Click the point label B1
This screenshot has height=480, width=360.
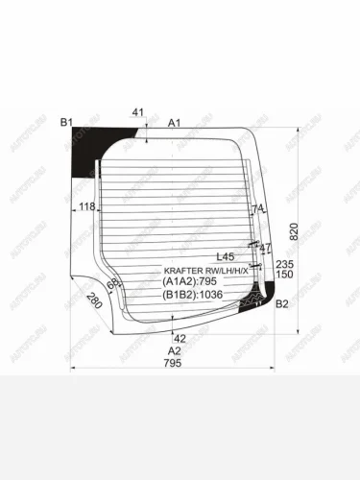(x=65, y=122)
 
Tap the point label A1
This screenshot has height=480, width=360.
(x=175, y=123)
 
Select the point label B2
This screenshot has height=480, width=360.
(x=281, y=304)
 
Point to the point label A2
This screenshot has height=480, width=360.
(x=175, y=350)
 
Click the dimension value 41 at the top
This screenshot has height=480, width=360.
(x=138, y=113)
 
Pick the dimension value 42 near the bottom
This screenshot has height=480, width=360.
(x=179, y=338)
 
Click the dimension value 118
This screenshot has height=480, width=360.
(x=87, y=206)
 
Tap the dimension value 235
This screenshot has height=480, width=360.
(x=283, y=263)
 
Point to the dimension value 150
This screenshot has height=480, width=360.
(x=283, y=275)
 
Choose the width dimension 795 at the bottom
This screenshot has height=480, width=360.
(x=171, y=363)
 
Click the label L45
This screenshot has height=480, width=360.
(x=226, y=256)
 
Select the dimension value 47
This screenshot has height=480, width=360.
(x=266, y=248)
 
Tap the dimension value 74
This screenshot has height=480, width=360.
(x=256, y=208)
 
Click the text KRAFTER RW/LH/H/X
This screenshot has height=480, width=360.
(x=205, y=271)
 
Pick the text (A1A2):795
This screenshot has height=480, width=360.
(x=192, y=281)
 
